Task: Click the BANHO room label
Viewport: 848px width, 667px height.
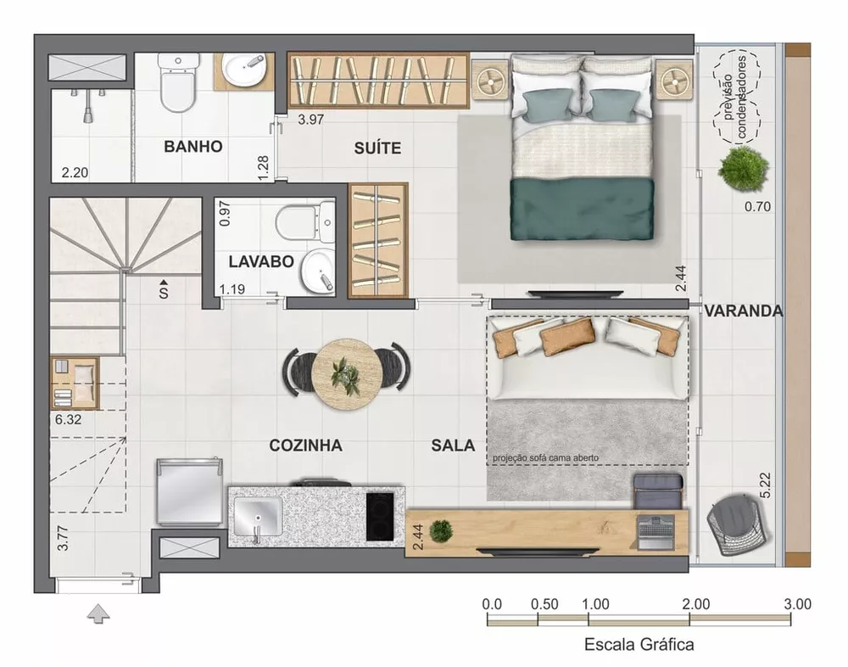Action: click(x=193, y=147)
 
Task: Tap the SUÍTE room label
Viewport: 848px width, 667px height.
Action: click(x=377, y=149)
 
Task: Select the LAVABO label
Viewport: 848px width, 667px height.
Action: click(x=261, y=261)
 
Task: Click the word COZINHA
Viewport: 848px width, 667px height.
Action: click(x=305, y=445)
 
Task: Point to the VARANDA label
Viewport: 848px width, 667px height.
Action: click(x=743, y=311)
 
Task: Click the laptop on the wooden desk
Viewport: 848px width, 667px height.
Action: click(x=656, y=529)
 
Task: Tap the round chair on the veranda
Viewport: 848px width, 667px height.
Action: click(x=738, y=525)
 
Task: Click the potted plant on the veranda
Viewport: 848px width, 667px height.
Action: click(x=743, y=169)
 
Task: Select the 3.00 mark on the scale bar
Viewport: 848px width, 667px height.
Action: click(x=798, y=604)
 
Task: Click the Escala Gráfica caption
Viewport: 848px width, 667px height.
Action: click(x=639, y=644)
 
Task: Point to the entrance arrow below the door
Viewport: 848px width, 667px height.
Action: click(x=98, y=613)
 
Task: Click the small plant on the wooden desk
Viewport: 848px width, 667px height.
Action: click(x=441, y=531)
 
